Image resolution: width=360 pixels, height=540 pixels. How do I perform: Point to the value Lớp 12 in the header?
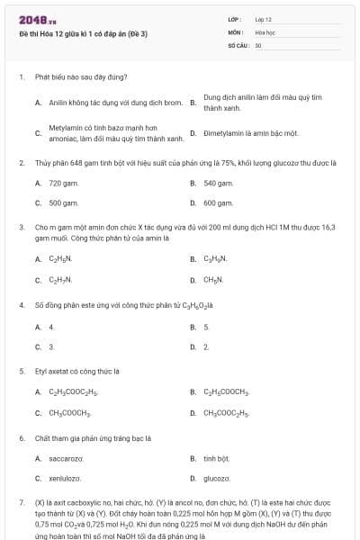click(264, 19)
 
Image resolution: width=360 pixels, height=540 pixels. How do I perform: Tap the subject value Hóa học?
click(265, 31)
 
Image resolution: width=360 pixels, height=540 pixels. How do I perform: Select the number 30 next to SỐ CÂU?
click(258, 44)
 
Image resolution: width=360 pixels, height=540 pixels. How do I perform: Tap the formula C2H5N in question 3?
click(59, 259)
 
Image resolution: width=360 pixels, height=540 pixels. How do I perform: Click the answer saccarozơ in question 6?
click(66, 458)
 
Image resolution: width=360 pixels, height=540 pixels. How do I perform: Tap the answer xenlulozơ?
click(65, 479)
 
